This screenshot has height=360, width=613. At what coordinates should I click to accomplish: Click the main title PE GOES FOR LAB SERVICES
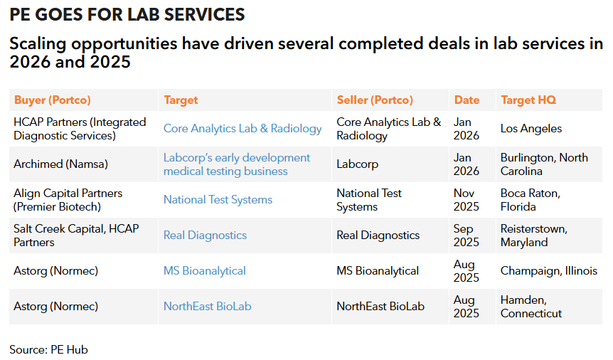coord(127,14)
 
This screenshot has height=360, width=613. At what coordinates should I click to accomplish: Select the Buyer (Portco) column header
coord(53,100)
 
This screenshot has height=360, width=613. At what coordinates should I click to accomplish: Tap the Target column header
coord(181,100)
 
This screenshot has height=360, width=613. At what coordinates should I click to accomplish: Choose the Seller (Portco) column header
coord(375,100)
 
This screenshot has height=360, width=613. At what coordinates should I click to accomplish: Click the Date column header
coord(467,100)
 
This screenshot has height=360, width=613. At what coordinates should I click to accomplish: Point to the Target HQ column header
coord(528,100)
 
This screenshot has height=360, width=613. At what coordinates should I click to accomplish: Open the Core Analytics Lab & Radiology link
coord(242,129)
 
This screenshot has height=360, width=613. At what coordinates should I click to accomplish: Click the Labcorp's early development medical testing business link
coord(237,164)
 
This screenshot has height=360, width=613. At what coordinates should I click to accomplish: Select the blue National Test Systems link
coord(218,200)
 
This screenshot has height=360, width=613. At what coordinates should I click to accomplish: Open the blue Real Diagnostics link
coord(205,235)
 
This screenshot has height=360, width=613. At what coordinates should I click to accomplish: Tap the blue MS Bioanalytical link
coord(205,271)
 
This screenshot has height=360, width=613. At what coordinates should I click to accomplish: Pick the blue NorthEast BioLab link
coord(207,307)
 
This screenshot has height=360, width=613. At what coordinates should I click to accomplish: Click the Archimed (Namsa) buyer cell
coord(60,164)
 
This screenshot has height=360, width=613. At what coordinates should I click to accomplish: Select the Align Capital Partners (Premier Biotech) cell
coord(68,200)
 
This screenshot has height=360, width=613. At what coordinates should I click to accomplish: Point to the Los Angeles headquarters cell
coord(531,129)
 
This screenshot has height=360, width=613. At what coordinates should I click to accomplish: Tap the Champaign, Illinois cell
coord(548,271)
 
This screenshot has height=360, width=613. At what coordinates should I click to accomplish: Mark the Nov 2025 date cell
coord(467,200)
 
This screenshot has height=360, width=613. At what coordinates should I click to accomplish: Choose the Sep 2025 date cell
coord(467,235)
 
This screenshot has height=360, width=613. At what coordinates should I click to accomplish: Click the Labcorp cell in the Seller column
coord(358,164)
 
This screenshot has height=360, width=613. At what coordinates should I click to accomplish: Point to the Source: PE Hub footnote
coord(48,349)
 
